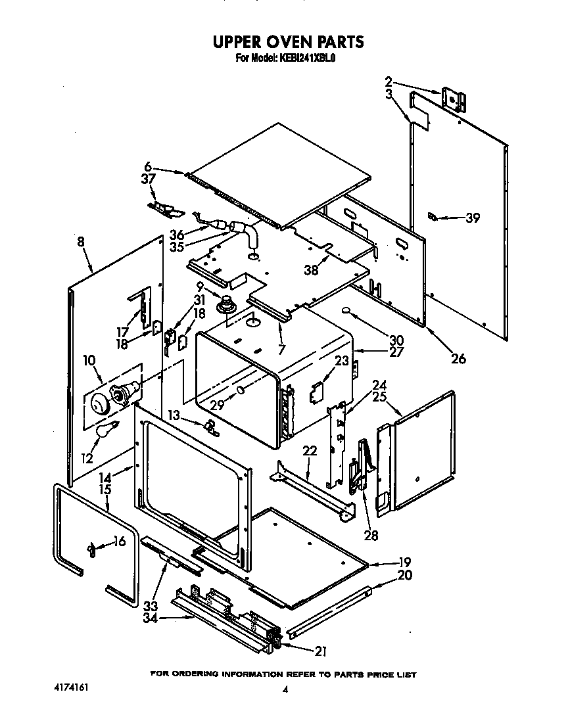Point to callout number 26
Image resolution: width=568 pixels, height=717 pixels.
click(x=458, y=358)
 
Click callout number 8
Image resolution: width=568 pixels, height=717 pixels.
click(x=80, y=243)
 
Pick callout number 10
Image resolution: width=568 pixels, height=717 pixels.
click(x=89, y=360)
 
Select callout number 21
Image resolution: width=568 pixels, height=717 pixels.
click(x=320, y=651)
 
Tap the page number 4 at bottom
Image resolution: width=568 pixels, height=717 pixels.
click(x=285, y=689)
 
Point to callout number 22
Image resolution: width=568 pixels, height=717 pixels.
click(x=310, y=451)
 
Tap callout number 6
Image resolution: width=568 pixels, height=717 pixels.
click(x=148, y=167)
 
